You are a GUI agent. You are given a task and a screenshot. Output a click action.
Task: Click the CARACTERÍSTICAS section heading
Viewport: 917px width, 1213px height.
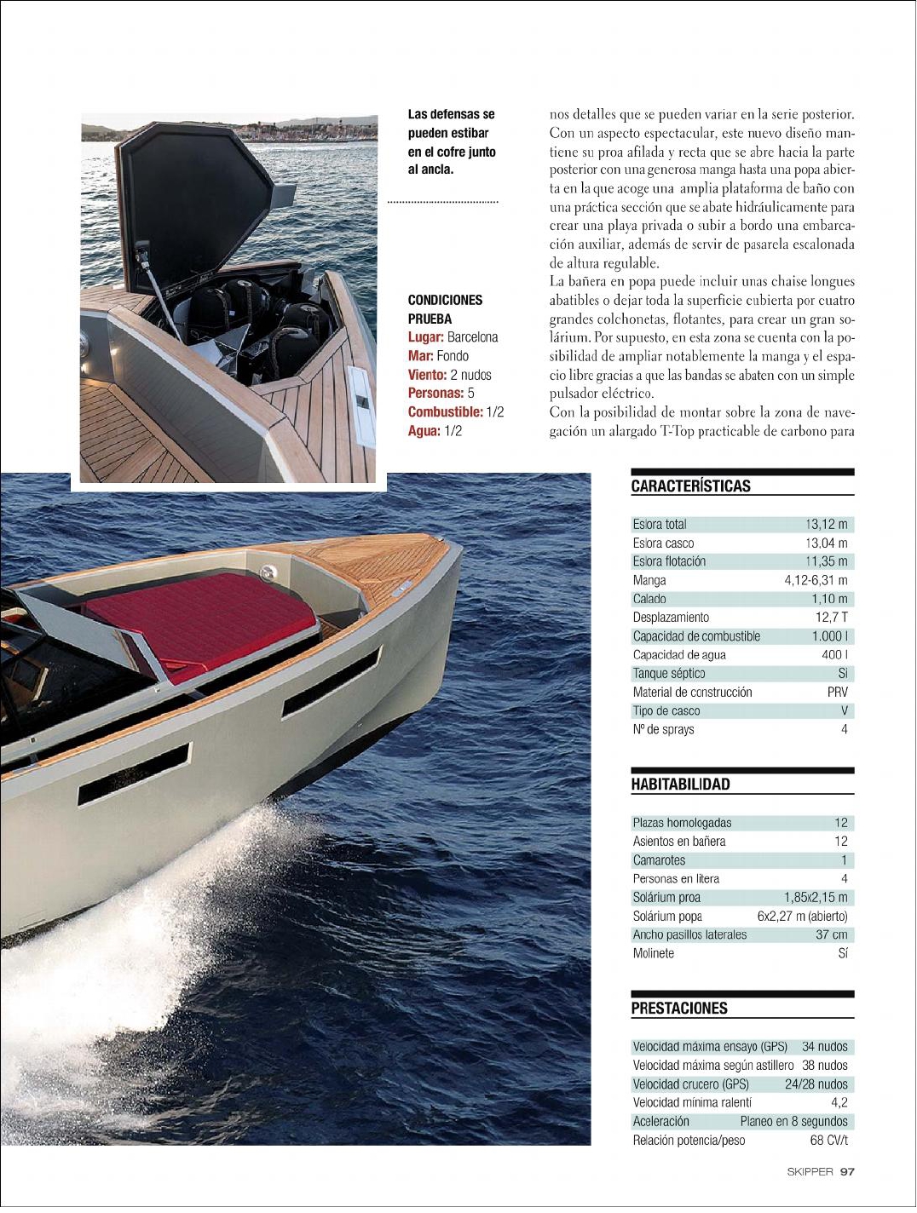(x=690, y=486)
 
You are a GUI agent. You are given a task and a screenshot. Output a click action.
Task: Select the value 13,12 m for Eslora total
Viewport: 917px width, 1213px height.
(x=826, y=525)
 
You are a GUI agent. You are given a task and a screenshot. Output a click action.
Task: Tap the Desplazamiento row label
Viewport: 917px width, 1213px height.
(x=671, y=618)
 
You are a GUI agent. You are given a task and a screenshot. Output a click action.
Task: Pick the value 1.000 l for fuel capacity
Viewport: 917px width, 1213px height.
(x=829, y=636)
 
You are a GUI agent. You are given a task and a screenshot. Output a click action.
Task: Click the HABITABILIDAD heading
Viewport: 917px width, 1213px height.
(x=680, y=785)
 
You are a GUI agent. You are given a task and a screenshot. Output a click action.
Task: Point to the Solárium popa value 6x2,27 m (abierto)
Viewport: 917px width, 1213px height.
(x=802, y=917)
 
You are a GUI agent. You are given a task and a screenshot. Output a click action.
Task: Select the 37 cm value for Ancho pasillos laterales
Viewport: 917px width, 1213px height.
(x=831, y=935)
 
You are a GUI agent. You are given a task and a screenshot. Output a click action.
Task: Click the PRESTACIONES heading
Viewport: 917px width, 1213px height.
(x=679, y=1009)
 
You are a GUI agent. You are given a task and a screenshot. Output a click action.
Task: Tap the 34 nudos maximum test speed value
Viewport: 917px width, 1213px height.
(x=824, y=1047)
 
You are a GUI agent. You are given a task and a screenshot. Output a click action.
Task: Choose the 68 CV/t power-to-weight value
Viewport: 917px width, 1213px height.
(x=828, y=1141)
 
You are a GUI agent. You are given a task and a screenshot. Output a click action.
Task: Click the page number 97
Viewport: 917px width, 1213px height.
(x=847, y=1172)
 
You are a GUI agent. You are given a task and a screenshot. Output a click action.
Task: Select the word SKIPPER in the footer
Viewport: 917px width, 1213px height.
(x=810, y=1172)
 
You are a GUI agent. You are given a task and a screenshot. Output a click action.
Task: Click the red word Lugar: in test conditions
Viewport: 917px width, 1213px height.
(x=425, y=337)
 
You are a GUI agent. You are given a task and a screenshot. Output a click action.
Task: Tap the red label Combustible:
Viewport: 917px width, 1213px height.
(x=445, y=412)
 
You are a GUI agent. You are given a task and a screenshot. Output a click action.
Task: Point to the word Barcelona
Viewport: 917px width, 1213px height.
(x=472, y=337)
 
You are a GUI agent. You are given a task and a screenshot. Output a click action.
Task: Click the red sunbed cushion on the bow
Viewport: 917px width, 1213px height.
(x=200, y=622)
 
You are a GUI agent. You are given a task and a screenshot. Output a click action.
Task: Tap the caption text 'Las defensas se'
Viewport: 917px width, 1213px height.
(x=451, y=114)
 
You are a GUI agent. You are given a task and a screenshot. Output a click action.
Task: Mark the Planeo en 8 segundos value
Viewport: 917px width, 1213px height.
(x=793, y=1122)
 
